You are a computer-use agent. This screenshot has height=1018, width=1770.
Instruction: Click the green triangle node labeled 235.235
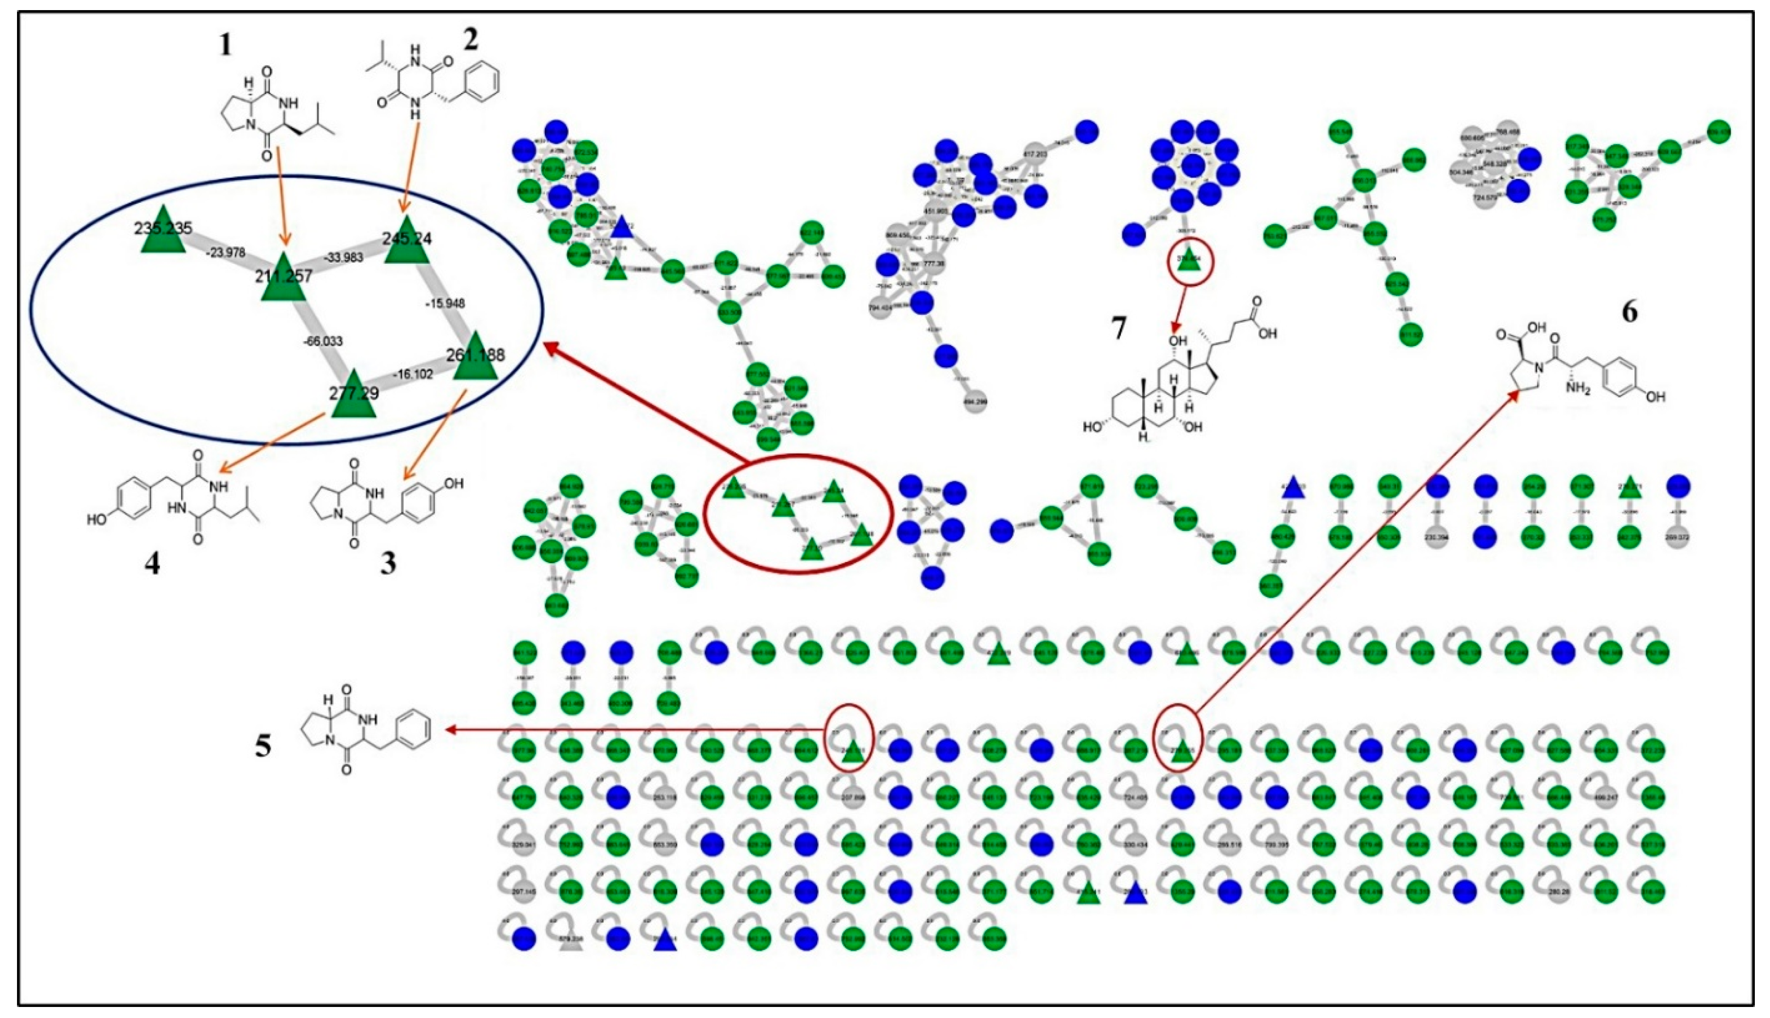162,231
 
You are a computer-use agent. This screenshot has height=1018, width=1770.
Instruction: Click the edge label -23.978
226,252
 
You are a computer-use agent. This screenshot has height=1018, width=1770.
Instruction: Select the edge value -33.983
343,257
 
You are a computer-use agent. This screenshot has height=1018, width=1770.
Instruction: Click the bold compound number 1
225,45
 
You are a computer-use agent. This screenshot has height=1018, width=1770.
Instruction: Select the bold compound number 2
471,40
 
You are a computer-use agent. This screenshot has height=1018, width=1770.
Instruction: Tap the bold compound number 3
388,563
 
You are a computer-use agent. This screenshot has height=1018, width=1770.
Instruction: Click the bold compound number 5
263,746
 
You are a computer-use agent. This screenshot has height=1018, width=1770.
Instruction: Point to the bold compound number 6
1629,312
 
